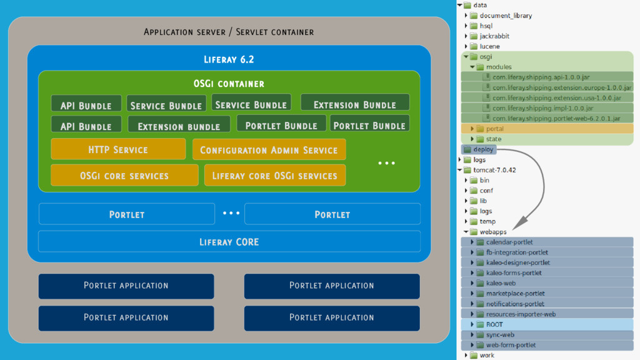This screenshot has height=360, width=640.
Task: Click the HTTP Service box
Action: [x=118, y=149]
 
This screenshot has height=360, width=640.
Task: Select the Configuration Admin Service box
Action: [x=269, y=150]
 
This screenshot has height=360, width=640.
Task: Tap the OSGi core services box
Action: [x=124, y=176]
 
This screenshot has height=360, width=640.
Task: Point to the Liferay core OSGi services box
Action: [x=274, y=176]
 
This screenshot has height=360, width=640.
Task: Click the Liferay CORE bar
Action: [x=229, y=242]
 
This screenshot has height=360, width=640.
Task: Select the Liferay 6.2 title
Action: [x=229, y=60]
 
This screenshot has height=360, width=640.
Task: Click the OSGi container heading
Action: [x=229, y=83]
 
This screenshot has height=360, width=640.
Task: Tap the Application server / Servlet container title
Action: [x=229, y=32]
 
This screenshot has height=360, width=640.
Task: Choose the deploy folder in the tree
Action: [x=483, y=149]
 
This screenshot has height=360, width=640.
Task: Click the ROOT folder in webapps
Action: [x=494, y=324]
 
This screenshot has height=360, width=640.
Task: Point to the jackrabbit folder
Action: [x=494, y=36]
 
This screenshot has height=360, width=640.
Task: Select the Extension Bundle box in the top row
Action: [x=354, y=104]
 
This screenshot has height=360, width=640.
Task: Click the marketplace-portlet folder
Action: [x=515, y=293]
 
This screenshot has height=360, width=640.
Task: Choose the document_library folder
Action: [x=506, y=16]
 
